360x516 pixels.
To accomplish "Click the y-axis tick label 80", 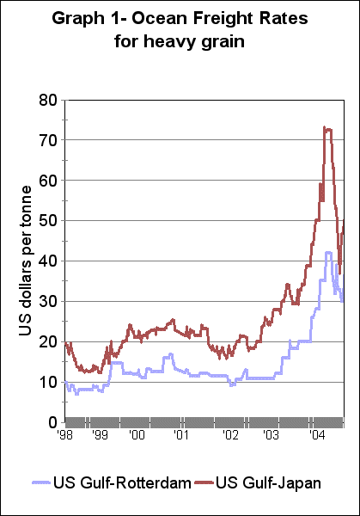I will tap(47, 100).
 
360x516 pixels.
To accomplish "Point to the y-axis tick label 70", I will tap(47, 140).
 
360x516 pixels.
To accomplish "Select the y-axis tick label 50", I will tap(47, 221).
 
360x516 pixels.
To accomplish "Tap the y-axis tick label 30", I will tap(47, 302).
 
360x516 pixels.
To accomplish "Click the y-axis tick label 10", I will tap(47, 383).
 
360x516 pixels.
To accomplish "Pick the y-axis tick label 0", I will tap(52, 422).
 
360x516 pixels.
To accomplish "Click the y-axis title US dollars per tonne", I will tap(24, 261).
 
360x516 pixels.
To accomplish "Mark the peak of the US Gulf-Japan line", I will tap(325, 127).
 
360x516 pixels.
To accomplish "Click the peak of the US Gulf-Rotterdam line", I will tap(327, 252).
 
